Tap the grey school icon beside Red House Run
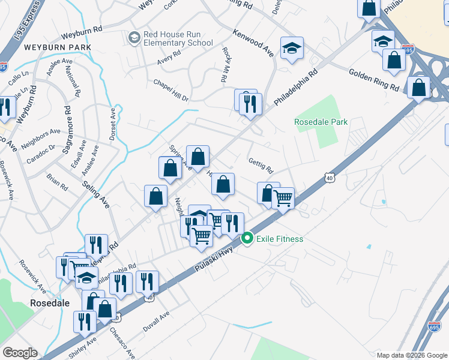click(134, 38)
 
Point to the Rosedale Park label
click(321, 122)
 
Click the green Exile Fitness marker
click(247, 239)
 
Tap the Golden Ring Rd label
click(374, 80)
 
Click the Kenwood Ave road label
click(253, 43)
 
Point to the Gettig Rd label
click(261, 165)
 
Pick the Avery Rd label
click(169, 55)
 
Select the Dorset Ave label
click(112, 124)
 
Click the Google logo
click(20, 353)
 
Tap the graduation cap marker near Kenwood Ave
click(292, 49)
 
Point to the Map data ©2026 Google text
click(411, 355)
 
